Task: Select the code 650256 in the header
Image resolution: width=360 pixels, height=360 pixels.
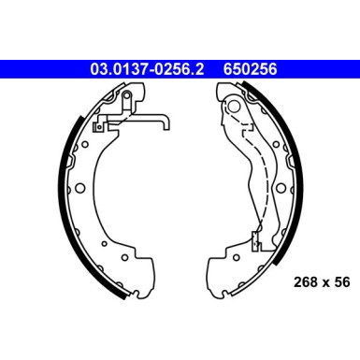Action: tap(250, 67)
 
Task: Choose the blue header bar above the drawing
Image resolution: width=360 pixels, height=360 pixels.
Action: tap(180, 67)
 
